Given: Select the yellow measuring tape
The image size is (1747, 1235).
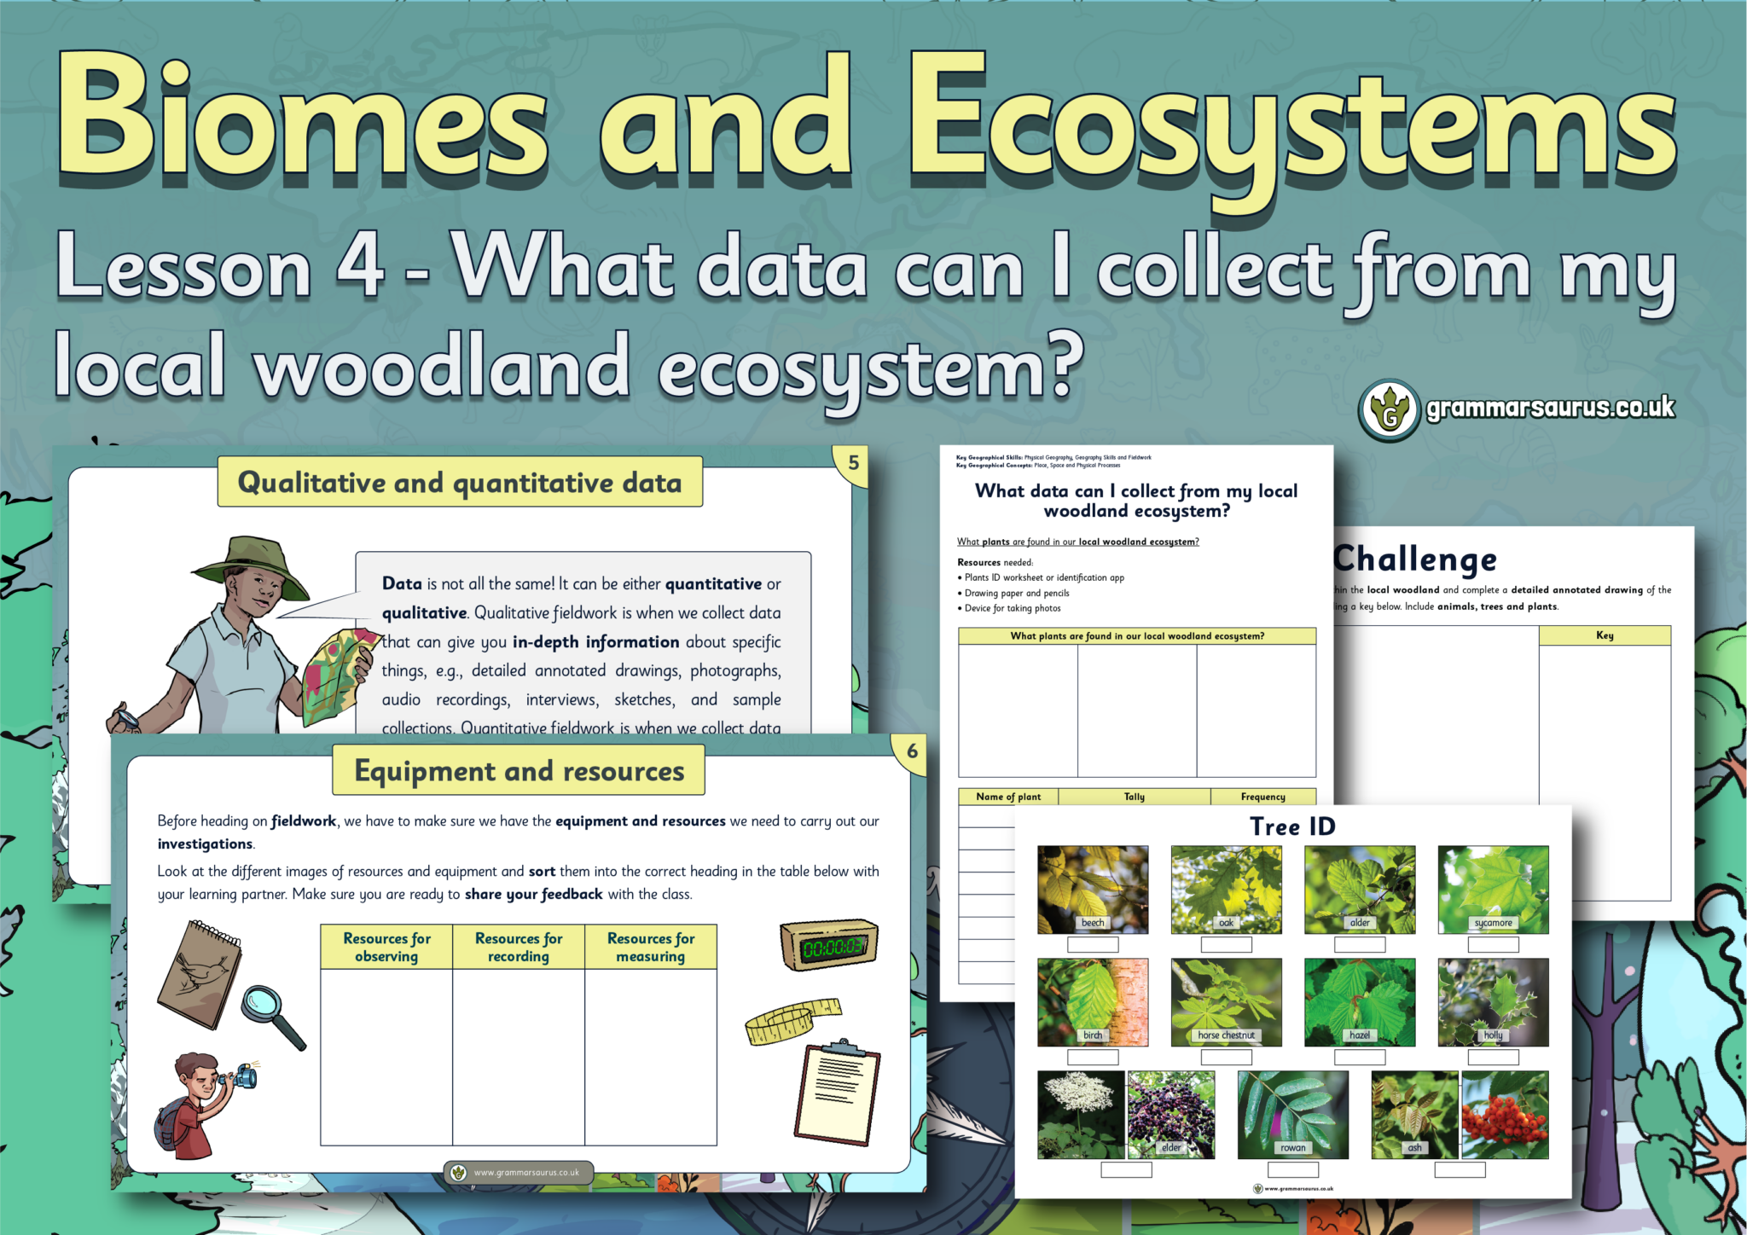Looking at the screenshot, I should click(790, 1021).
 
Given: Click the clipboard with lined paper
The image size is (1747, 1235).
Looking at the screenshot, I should click(838, 1094).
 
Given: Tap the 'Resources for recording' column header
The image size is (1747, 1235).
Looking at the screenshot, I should click(519, 947).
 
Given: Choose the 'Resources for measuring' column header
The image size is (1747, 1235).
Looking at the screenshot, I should click(651, 947).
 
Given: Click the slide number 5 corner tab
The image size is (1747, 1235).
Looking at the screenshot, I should click(853, 463).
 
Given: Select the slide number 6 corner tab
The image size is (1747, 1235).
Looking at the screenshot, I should click(912, 751).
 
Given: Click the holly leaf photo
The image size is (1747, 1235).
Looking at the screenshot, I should click(1493, 1001).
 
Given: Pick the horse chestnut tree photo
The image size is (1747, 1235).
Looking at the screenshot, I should click(1226, 1001).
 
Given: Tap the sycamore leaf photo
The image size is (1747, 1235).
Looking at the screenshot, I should click(1493, 889).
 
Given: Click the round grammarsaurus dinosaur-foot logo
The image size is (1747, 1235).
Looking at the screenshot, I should click(1390, 410).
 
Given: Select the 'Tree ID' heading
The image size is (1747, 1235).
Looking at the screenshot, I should click(1292, 826).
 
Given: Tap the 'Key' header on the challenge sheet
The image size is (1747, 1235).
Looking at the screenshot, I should click(1605, 635).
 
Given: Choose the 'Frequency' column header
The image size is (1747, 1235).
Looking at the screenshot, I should click(1262, 797).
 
